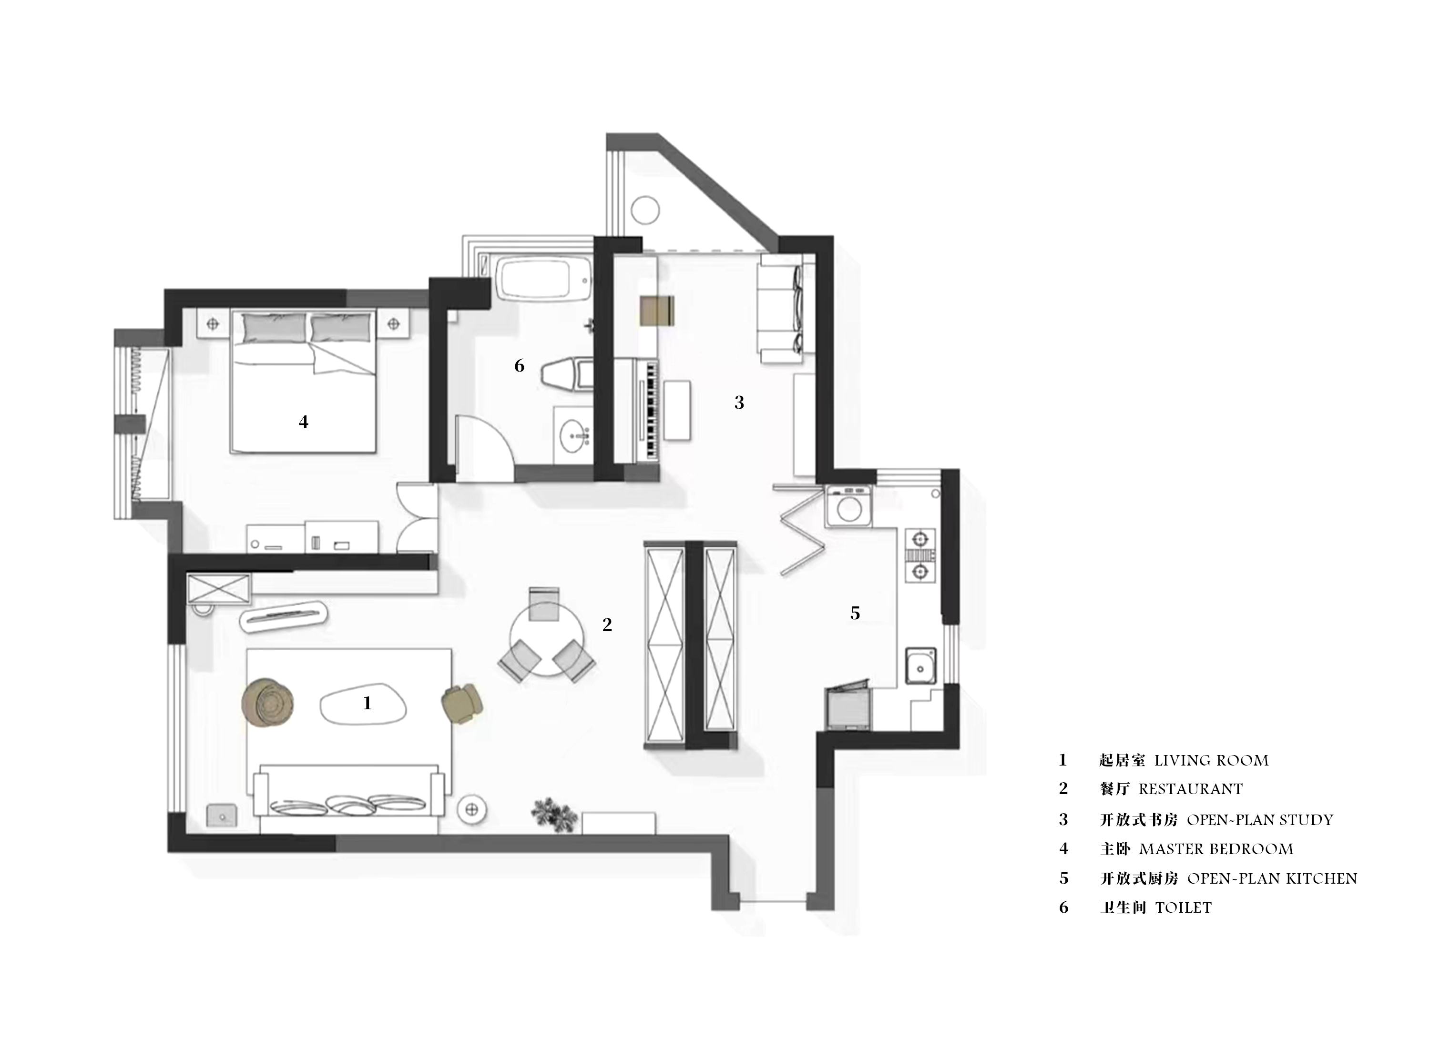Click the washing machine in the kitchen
pyautogui.click(x=849, y=506)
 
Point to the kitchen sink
pyautogui.click(x=920, y=665)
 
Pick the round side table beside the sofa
pyautogui.click(x=473, y=809)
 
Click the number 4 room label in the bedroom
pyautogui.click(x=304, y=422)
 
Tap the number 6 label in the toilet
pyautogui.click(x=519, y=366)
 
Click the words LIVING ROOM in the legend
pyautogui.click(x=1211, y=760)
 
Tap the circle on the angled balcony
pyautogui.click(x=644, y=210)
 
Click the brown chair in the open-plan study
pyautogui.click(x=657, y=311)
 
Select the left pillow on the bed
pyautogui.click(x=274, y=327)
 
